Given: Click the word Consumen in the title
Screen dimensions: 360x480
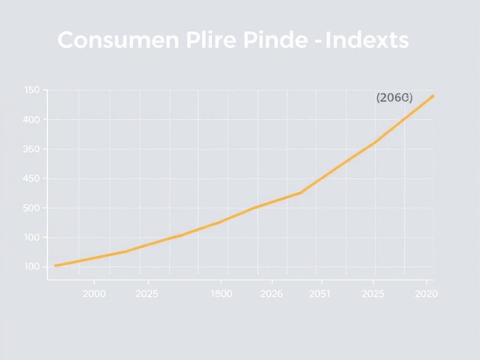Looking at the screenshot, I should [x=118, y=41].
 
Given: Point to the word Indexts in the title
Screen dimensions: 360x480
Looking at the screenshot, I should [x=367, y=41].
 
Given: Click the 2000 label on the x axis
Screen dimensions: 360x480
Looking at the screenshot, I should [x=94, y=294].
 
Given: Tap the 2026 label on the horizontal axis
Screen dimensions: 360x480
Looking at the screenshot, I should [x=271, y=294].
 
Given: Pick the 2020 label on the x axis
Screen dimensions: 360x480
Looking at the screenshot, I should [x=427, y=294].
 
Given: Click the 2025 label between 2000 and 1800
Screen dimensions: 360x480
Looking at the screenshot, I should [x=147, y=294].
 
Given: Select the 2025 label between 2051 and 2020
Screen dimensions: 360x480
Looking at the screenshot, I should [x=373, y=294].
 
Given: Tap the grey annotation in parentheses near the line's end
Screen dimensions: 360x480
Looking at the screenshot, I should [x=394, y=97].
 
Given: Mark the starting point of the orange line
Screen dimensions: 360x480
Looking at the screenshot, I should [x=56, y=265].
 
